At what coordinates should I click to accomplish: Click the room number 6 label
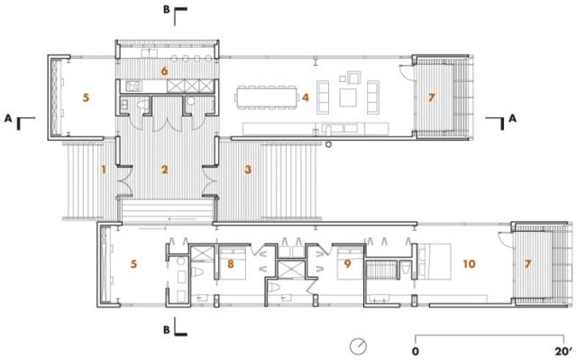click(x=164, y=71)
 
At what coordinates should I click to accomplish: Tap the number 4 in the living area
click(x=306, y=97)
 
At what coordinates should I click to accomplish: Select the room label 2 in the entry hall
click(x=164, y=170)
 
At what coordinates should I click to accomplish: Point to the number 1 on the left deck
click(x=104, y=170)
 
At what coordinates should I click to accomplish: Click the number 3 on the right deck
click(x=248, y=170)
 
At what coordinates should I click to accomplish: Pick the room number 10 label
click(x=470, y=264)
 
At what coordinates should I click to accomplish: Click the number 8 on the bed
click(x=231, y=264)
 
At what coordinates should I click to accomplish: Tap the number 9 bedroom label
click(x=348, y=264)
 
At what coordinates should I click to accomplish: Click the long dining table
click(x=267, y=97)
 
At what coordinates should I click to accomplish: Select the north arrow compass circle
click(x=358, y=346)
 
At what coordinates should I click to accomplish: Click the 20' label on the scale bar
click(x=564, y=351)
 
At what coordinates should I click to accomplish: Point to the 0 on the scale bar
click(x=416, y=351)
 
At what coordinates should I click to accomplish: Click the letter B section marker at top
click(x=167, y=9)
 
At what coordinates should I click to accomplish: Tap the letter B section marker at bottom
click(x=167, y=329)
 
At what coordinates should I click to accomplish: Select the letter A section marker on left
click(x=8, y=118)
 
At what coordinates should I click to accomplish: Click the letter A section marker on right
click(x=512, y=118)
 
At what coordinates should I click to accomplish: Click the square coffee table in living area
click(x=348, y=97)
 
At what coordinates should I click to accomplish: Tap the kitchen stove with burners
click(x=133, y=87)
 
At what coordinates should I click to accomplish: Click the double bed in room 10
click(x=435, y=262)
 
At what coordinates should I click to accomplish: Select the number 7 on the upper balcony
click(x=432, y=97)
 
